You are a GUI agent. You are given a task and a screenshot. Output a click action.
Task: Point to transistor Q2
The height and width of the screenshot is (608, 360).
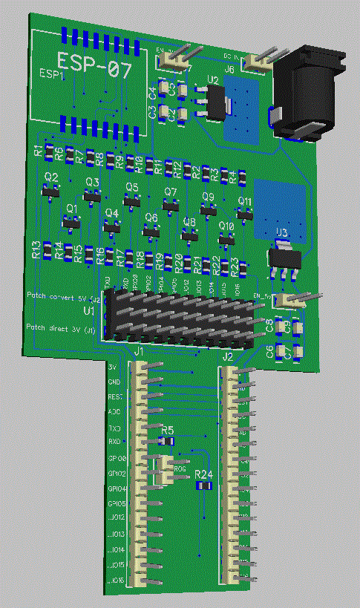(50, 191)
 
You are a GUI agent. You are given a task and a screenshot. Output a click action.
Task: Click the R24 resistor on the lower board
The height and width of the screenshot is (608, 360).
(203, 485)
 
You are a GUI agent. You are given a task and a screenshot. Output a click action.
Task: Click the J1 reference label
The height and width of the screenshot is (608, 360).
(139, 350)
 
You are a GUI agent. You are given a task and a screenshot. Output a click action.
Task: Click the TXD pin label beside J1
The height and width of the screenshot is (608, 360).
(115, 428)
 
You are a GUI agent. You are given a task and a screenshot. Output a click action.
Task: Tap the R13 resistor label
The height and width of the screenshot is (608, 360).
(36, 249)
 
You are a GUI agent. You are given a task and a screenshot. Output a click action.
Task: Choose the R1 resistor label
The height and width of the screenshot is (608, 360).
(39, 151)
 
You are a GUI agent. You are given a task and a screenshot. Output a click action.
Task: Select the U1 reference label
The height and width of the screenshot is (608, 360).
(88, 310)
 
